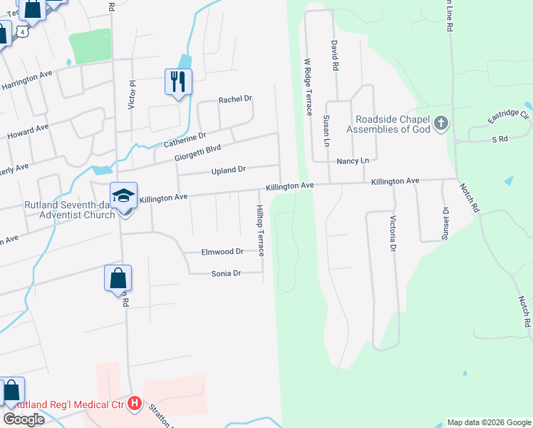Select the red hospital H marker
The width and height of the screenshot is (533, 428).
[x=135, y=404]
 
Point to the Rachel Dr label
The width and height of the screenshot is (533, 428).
[x=235, y=99]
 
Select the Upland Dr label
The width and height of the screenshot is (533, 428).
[x=228, y=170]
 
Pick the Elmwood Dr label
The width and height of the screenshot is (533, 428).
[x=222, y=251]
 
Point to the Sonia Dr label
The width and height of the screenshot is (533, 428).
[x=227, y=273]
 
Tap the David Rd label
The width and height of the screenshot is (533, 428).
[x=333, y=55]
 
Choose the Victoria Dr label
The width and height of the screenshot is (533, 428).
[x=392, y=235]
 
